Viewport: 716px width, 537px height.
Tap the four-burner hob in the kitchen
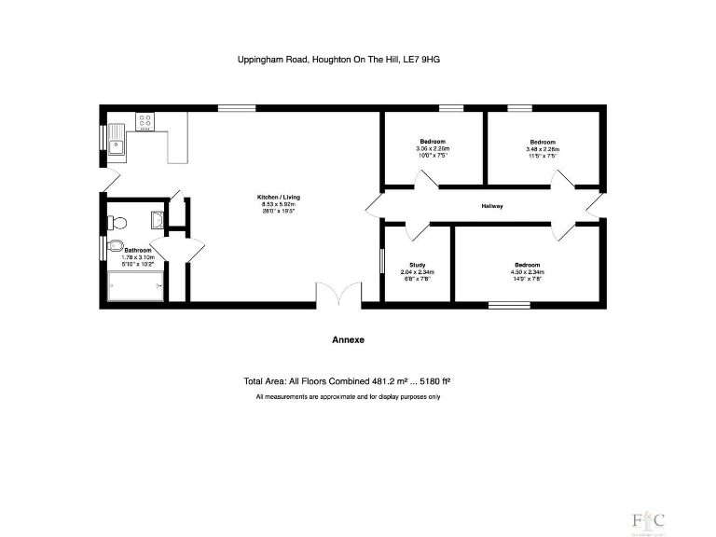[x=145, y=120]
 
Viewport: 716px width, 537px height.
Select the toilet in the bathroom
[x=116, y=222]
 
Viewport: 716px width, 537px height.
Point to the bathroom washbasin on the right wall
[x=158, y=219]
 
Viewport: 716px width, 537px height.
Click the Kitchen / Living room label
[x=279, y=198]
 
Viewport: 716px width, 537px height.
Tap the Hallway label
[x=492, y=206]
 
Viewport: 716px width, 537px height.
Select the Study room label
[x=419, y=265]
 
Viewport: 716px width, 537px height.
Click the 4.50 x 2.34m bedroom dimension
[x=528, y=272]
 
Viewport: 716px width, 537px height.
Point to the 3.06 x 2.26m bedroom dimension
[x=433, y=148]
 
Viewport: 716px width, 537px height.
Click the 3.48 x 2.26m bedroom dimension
[x=543, y=148]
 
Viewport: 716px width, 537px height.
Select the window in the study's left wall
[x=382, y=260]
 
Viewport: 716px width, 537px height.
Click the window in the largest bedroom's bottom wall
[x=510, y=304]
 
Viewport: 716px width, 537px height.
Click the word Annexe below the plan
[x=348, y=340]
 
